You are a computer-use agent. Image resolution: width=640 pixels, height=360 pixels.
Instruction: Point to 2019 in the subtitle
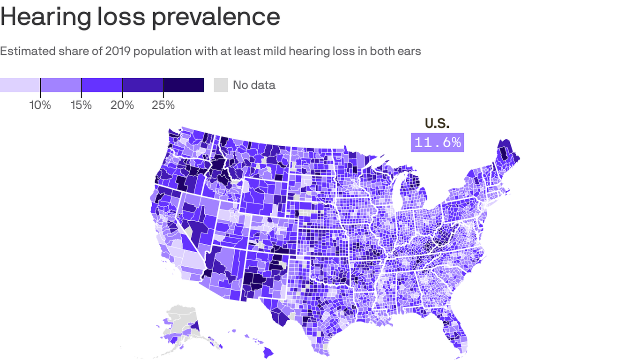118,51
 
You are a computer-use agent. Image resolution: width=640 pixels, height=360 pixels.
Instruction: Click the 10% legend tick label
40,105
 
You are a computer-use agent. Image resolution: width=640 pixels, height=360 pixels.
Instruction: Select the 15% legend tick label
81,105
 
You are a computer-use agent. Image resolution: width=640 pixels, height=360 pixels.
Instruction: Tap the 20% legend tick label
122,105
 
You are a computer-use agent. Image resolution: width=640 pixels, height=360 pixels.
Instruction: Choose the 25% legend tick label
163,105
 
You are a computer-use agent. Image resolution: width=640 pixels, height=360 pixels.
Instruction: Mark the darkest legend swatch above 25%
183,85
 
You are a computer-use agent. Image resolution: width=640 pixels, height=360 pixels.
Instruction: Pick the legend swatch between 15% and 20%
102,85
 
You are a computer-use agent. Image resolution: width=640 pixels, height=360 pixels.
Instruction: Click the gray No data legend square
221,85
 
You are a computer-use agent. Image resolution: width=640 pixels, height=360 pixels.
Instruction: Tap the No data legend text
254,85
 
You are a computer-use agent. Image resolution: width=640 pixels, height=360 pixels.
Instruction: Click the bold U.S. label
437,123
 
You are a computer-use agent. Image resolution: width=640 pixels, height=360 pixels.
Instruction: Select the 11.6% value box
437,142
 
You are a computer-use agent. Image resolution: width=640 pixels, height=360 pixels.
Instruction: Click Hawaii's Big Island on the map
269,351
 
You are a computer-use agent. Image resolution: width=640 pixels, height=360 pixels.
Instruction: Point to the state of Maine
505,155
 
